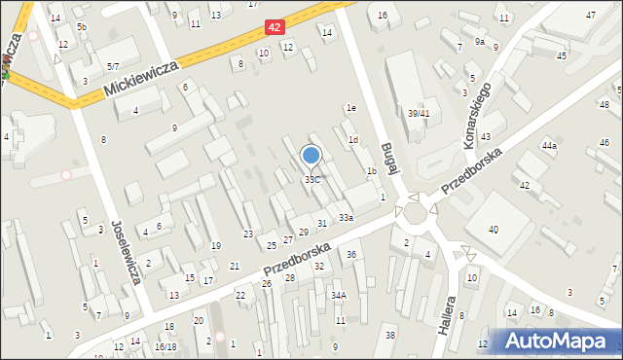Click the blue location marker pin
pyautogui.click(x=311, y=157)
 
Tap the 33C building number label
pyautogui.click(x=311, y=180)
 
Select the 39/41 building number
pyautogui.click(x=419, y=114)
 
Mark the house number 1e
pyautogui.click(x=350, y=108)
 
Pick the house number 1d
pyautogui.click(x=353, y=140)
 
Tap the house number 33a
pyautogui.click(x=346, y=217)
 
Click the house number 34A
pyautogui.click(x=338, y=295)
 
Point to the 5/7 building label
pyautogui.click(x=114, y=66)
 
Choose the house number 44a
pyautogui.click(x=550, y=146)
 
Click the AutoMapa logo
pyautogui.click(x=558, y=341)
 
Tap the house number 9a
pyautogui.click(x=480, y=42)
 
